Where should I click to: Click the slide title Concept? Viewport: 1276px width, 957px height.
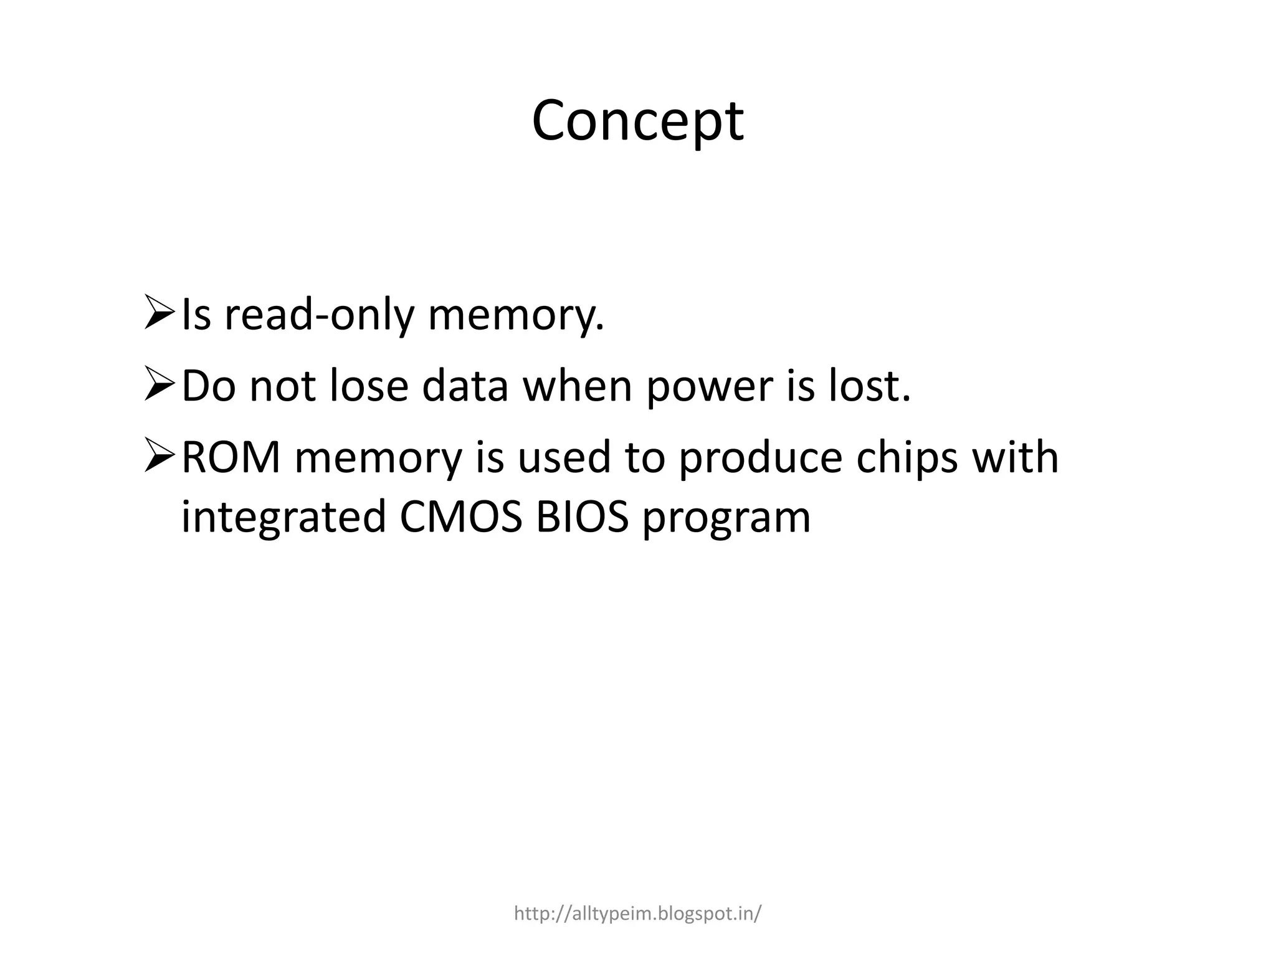coord(637,121)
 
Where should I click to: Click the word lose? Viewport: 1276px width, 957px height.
coord(368,386)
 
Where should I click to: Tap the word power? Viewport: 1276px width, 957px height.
coord(708,387)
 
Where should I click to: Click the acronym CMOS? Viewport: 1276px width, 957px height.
coord(460,517)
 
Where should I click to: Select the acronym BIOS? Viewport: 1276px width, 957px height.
coord(582,517)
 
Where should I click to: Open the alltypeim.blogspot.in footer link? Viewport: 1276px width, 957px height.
coord(637,914)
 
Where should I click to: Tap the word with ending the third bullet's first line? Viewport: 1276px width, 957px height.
coord(1015,458)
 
